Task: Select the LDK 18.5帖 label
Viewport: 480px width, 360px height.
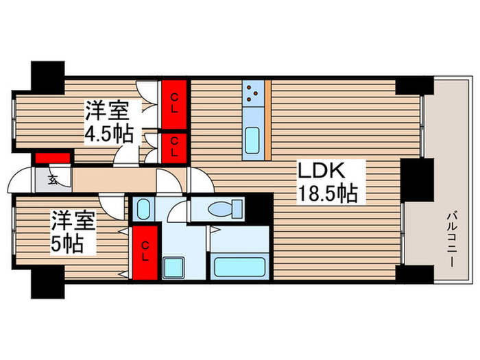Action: [x=326, y=182]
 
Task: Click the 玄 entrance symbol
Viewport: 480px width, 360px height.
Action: [x=53, y=180]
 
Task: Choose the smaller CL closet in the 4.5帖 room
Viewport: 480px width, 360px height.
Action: [x=174, y=145]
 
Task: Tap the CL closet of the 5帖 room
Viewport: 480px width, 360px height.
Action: [x=145, y=253]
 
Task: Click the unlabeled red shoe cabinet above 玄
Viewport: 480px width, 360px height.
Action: [x=53, y=158]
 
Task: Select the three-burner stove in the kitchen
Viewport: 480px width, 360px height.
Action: [x=253, y=92]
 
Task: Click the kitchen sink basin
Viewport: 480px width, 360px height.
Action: [x=252, y=141]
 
